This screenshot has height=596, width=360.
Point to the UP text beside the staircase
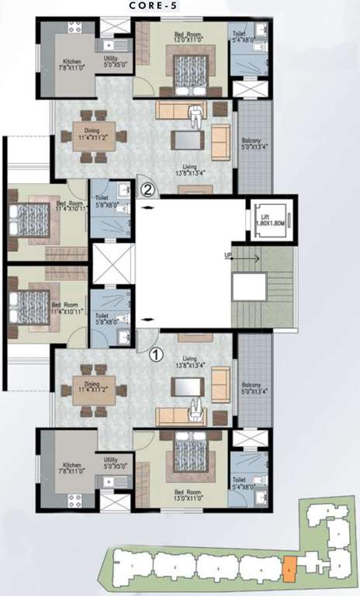(x=228, y=255)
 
